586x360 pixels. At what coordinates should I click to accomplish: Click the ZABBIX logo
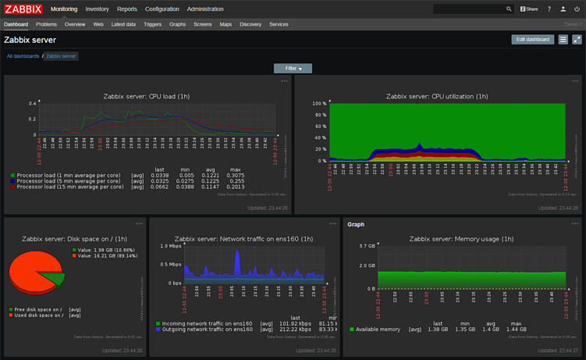pos(23,9)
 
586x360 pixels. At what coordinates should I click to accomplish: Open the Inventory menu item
pos(97,9)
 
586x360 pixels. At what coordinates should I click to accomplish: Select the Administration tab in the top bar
pos(205,9)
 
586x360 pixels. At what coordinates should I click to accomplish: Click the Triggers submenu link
pos(152,24)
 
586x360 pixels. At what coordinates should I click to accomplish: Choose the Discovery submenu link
pos(250,24)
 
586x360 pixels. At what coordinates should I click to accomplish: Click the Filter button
pos(293,69)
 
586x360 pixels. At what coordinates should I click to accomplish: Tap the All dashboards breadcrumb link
pos(23,56)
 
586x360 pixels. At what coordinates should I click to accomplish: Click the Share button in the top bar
pos(529,9)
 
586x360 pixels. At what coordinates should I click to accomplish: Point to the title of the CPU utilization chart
pos(437,96)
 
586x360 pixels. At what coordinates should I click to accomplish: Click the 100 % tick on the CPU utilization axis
pos(319,103)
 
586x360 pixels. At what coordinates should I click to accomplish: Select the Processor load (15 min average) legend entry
pos(69,187)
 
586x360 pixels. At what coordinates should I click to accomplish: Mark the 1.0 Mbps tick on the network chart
pos(172,246)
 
